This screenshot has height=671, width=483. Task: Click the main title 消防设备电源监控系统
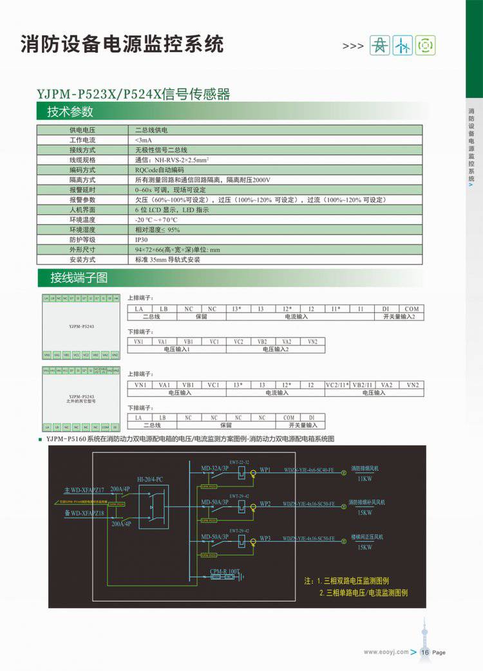(x=122, y=44)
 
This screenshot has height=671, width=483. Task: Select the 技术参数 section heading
(x=70, y=111)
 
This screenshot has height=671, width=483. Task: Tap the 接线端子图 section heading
(x=79, y=279)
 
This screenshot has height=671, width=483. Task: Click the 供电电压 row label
(x=82, y=130)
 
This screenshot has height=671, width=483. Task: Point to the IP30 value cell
(x=142, y=239)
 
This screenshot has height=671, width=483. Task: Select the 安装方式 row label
(x=82, y=259)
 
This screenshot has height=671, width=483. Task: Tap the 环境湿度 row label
(x=82, y=230)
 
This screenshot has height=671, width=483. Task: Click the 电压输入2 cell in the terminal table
(x=276, y=349)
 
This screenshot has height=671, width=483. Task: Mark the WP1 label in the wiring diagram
(x=265, y=470)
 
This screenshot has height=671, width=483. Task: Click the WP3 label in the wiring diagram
(x=265, y=537)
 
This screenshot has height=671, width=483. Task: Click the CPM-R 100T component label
(x=224, y=571)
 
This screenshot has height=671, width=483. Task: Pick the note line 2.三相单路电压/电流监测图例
(x=363, y=593)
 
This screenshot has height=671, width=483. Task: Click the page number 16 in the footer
(x=426, y=652)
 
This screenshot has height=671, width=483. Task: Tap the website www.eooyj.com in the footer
(x=386, y=652)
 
